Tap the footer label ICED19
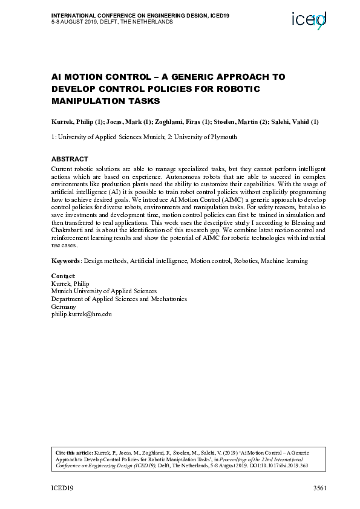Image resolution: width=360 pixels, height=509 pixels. point(62,487)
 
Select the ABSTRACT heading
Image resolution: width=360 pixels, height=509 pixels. point(70,159)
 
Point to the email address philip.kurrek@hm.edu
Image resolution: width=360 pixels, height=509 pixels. point(82,314)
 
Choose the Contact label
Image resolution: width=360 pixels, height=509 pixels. point(62,276)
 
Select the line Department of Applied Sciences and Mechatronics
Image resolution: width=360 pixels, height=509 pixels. point(119,299)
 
